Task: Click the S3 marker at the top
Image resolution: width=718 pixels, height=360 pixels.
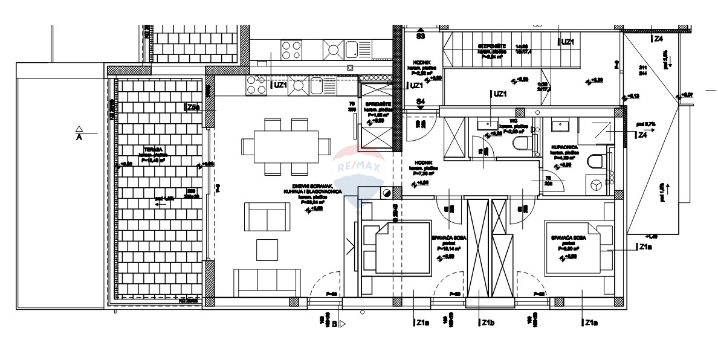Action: (x=421, y=36)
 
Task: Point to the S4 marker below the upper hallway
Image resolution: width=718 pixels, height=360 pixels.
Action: (x=421, y=101)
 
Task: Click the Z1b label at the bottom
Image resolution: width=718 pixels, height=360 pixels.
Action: (x=488, y=323)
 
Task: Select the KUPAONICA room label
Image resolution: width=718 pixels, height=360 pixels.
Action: (x=564, y=147)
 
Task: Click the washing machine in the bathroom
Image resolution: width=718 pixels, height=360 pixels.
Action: (x=596, y=184)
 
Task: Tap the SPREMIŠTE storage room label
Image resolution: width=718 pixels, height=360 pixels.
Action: (x=379, y=104)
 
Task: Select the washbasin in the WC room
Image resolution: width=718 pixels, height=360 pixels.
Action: (x=486, y=125)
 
